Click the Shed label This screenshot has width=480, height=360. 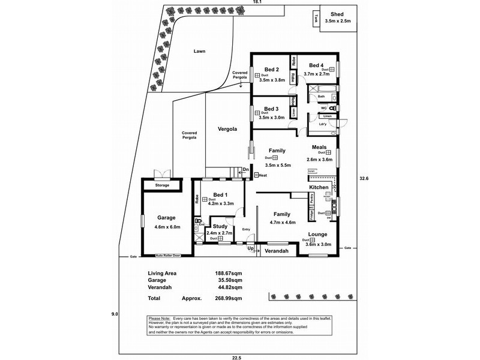[x=337, y=14]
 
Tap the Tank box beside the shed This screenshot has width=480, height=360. [x=315, y=18]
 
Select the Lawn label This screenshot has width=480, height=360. [x=200, y=51]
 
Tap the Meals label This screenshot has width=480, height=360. [x=319, y=147]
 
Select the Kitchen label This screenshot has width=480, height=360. [x=319, y=187]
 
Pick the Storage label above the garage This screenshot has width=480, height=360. [x=162, y=185]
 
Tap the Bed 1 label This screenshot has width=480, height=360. [x=221, y=195]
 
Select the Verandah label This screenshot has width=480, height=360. [x=277, y=251]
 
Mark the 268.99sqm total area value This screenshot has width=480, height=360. [x=229, y=298]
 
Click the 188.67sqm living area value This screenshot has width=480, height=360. [x=229, y=273]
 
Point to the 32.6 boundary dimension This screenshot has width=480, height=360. [x=364, y=178]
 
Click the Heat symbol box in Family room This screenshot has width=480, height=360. [x=257, y=175]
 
